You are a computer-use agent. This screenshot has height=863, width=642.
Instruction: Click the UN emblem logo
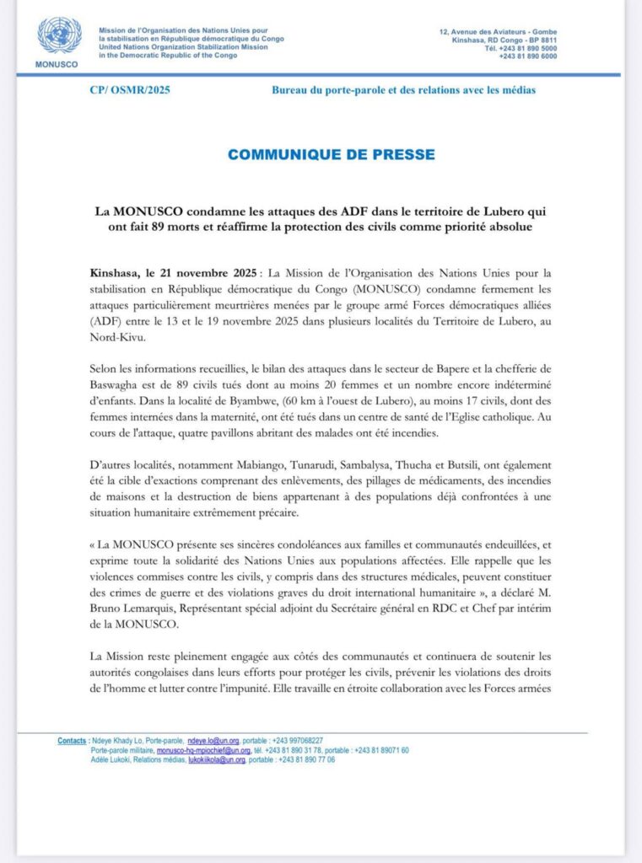(59, 36)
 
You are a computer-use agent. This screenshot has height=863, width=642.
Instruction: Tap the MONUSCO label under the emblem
(58, 64)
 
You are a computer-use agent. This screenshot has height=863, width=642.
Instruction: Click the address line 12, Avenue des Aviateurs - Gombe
(498, 32)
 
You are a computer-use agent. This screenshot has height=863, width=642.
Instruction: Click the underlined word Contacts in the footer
(72, 741)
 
